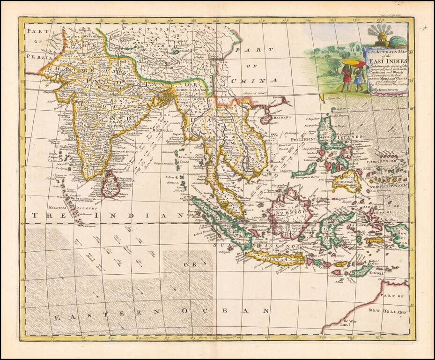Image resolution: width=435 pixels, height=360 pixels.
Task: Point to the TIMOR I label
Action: (375, 272)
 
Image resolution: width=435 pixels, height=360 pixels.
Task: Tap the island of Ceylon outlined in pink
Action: (111, 184)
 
